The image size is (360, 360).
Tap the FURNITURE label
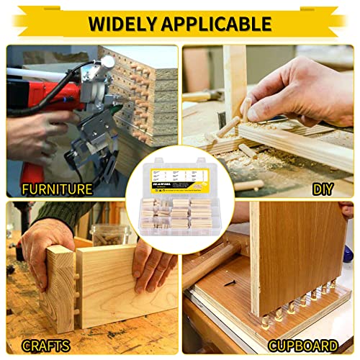click(x=57, y=189)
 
